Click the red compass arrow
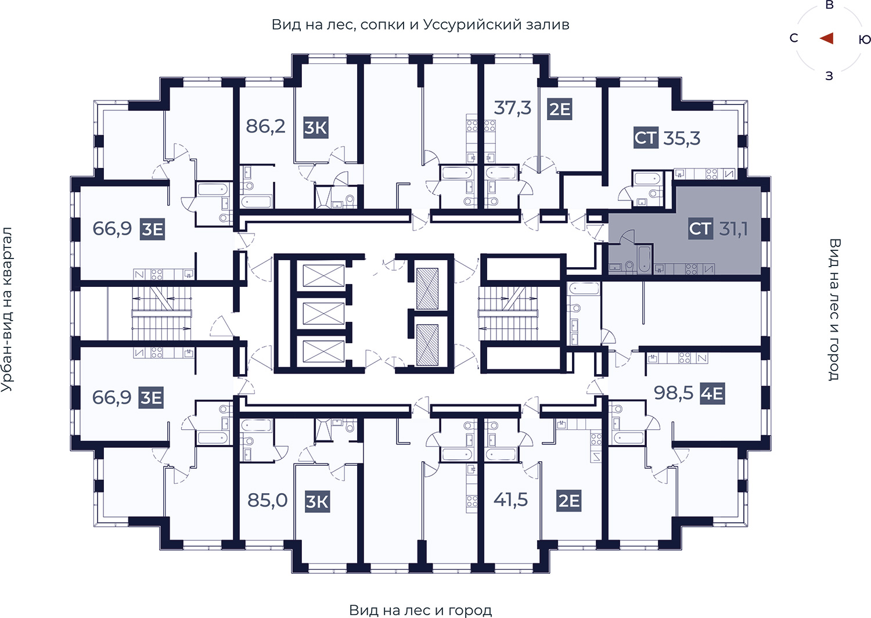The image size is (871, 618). tap(826, 38)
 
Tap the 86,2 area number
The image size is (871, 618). tap(265, 126)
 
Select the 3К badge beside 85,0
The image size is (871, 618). tap(317, 501)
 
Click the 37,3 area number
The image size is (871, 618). tap(512, 107)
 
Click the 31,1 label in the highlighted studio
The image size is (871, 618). tap(733, 228)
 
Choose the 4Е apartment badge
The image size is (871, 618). tap(712, 394)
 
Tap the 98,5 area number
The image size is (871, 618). tap(674, 393)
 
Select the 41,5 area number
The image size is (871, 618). tap(510, 500)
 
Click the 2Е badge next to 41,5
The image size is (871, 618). tap(569, 501)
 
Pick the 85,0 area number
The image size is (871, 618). tap(268, 500)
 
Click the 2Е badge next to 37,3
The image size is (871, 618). tap(560, 109)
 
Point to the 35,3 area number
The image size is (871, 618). tap(682, 138)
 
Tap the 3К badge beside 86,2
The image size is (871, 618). tap(316, 128)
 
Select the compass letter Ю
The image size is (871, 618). tap(865, 39)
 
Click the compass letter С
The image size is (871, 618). tap(794, 38)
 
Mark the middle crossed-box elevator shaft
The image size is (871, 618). tap(323, 313)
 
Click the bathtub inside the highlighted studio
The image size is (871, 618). tap(645, 258)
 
